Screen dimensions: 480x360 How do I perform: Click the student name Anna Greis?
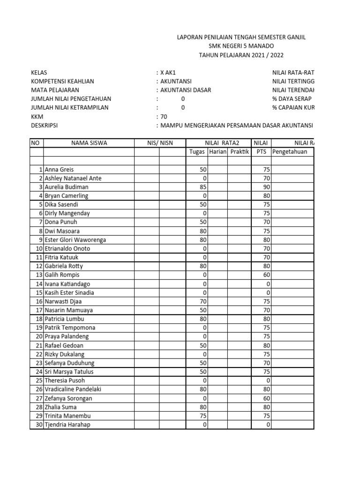tap(59, 170)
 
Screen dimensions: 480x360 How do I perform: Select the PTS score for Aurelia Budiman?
tap(266, 187)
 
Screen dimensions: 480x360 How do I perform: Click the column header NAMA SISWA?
tap(89, 143)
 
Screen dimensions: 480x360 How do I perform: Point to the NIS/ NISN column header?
tap(160, 143)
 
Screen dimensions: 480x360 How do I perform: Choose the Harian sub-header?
tap(218, 152)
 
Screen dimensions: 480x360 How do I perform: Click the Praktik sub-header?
tap(239, 152)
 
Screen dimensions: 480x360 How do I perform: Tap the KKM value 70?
tap(164, 117)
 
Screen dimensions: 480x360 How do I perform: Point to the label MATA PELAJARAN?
tap(55, 90)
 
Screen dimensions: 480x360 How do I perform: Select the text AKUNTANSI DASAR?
tap(186, 90)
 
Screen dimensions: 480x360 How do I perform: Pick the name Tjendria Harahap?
tap(67, 425)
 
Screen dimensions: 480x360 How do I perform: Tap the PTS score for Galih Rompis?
tap(266, 275)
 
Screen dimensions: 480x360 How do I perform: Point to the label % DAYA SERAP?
tap(292, 99)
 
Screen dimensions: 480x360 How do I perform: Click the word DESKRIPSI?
tap(44, 126)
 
